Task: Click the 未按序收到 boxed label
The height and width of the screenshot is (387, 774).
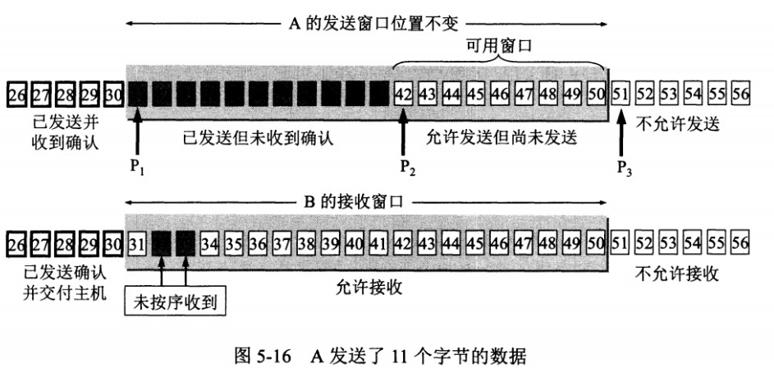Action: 174,301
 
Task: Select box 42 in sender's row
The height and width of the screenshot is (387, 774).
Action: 403,93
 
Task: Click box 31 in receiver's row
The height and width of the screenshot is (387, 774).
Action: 137,244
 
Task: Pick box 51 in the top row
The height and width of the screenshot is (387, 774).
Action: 621,93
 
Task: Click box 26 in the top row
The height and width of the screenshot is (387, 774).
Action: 16,93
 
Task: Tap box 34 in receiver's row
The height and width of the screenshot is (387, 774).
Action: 210,244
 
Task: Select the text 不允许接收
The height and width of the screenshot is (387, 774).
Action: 679,274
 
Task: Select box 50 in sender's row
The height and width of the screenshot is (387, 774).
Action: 596,93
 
